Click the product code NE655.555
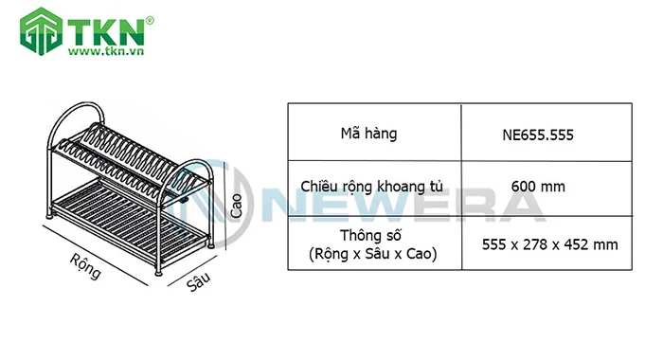(x=537, y=134)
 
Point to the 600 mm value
(x=537, y=187)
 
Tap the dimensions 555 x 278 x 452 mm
(x=549, y=244)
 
